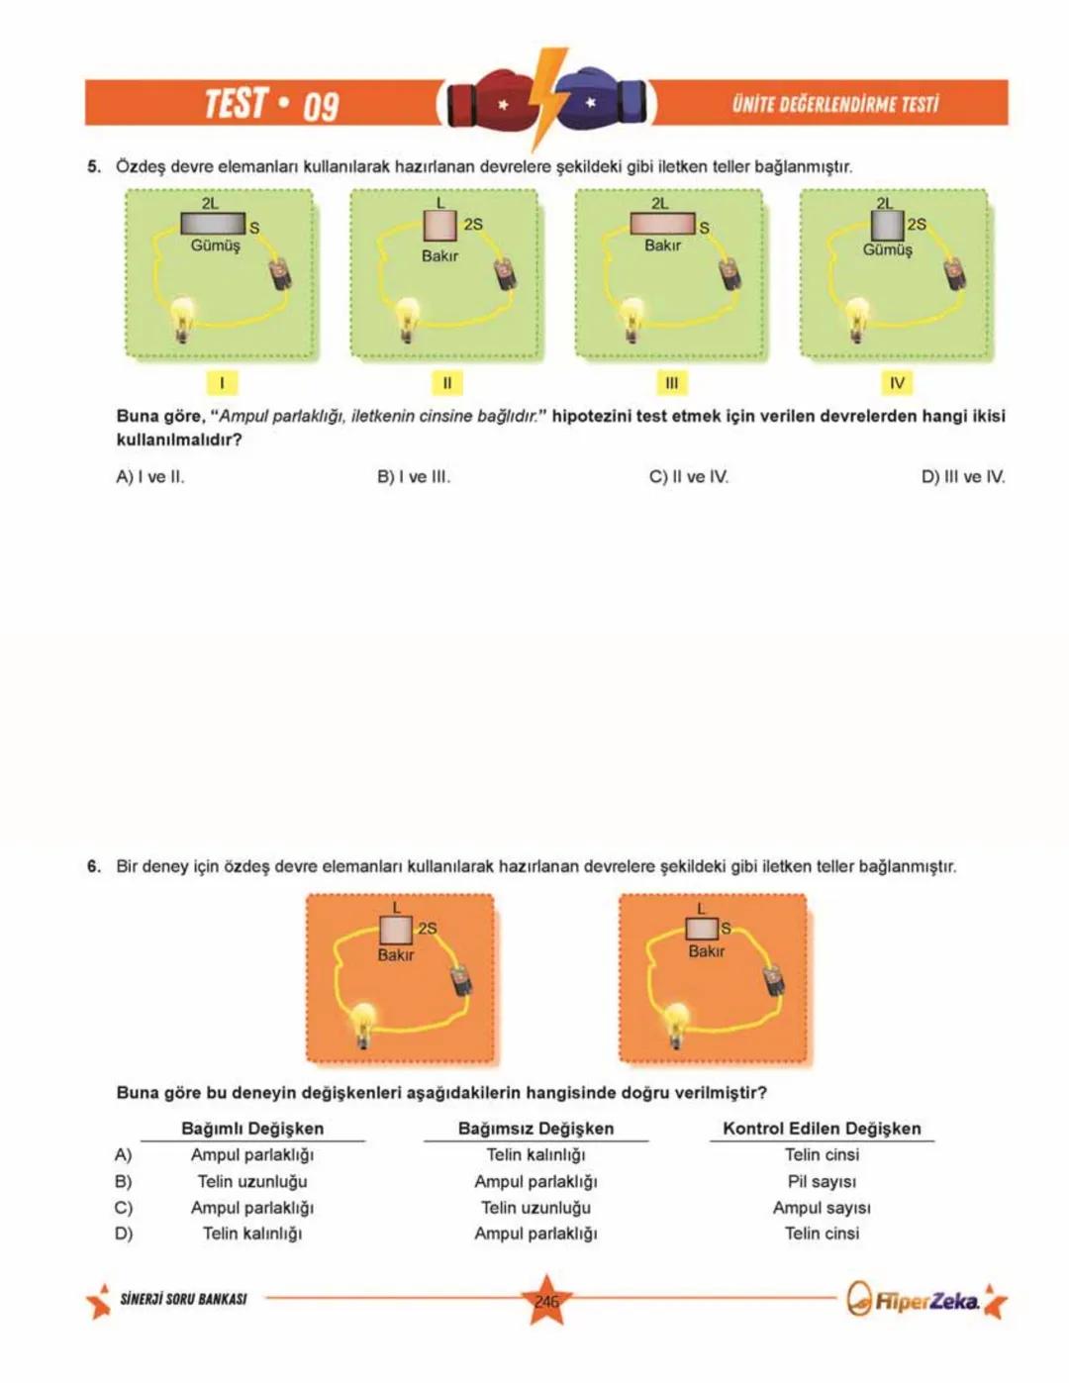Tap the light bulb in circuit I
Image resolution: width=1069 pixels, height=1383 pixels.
181,320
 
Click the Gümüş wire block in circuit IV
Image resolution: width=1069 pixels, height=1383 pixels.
887,225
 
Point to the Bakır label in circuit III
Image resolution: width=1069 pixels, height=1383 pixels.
662,246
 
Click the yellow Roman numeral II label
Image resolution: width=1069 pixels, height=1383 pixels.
446,383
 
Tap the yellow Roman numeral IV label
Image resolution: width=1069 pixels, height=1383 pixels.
897,383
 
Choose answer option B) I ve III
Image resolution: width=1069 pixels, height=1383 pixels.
414,477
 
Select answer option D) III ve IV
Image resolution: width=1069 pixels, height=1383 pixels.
963,477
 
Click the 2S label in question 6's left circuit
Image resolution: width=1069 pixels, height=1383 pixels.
428,929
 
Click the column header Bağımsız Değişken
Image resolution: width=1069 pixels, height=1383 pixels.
535,1129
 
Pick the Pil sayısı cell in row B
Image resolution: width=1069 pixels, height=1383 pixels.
822,1181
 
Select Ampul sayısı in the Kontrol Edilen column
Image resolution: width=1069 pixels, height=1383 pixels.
822,1208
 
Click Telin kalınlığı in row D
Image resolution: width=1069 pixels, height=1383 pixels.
252,1234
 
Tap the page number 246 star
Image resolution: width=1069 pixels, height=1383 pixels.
546,1301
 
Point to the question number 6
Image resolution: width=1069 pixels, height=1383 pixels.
93,866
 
